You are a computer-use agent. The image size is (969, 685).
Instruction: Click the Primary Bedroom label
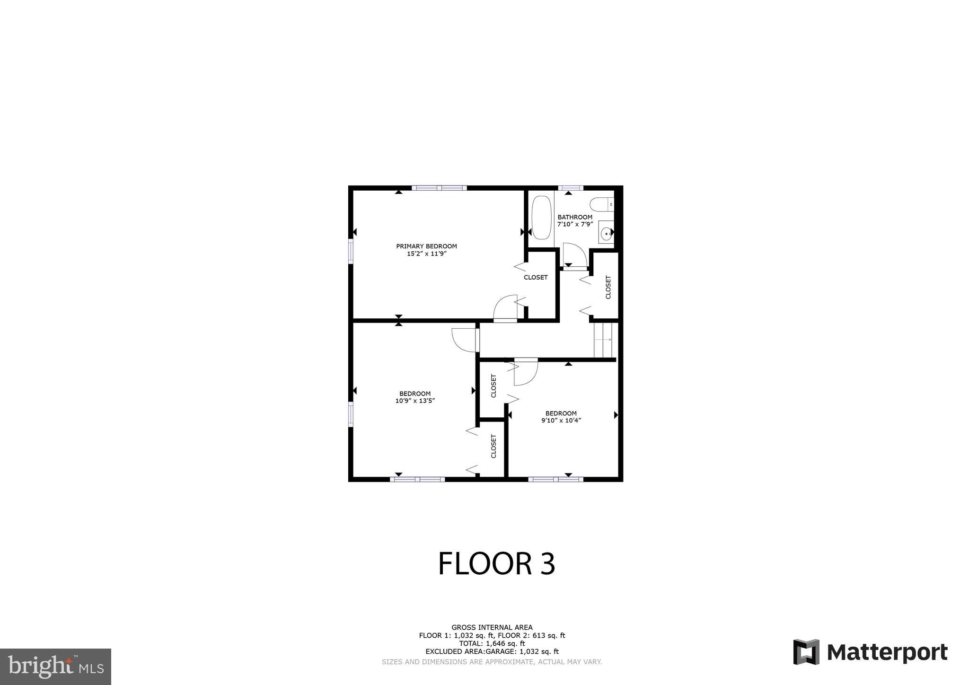[426, 246]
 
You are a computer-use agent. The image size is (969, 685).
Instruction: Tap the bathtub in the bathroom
[541, 218]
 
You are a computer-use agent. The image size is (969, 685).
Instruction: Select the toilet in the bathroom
[601, 204]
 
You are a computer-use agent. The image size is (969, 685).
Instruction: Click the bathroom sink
[606, 232]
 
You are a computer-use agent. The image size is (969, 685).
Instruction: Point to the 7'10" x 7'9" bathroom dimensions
[575, 224]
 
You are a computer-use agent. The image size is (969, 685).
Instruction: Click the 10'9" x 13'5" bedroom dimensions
[415, 401]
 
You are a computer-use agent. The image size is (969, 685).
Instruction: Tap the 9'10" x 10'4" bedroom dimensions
[561, 420]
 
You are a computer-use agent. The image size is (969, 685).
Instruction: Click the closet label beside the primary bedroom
[536, 278]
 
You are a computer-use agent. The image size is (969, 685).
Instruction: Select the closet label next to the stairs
[608, 287]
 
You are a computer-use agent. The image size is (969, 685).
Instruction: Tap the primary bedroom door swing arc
[505, 307]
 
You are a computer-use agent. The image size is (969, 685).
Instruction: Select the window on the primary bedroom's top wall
[439, 188]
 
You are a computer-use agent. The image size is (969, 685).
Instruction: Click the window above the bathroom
[570, 188]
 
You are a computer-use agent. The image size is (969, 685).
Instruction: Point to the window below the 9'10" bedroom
[555, 479]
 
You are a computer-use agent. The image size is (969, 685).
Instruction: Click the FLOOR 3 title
[496, 563]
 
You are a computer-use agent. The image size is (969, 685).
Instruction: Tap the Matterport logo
[870, 652]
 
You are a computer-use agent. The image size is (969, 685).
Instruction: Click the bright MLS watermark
[55, 667]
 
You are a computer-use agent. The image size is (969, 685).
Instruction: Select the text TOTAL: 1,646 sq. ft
[492, 643]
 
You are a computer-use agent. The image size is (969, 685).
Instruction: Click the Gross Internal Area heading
[492, 628]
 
